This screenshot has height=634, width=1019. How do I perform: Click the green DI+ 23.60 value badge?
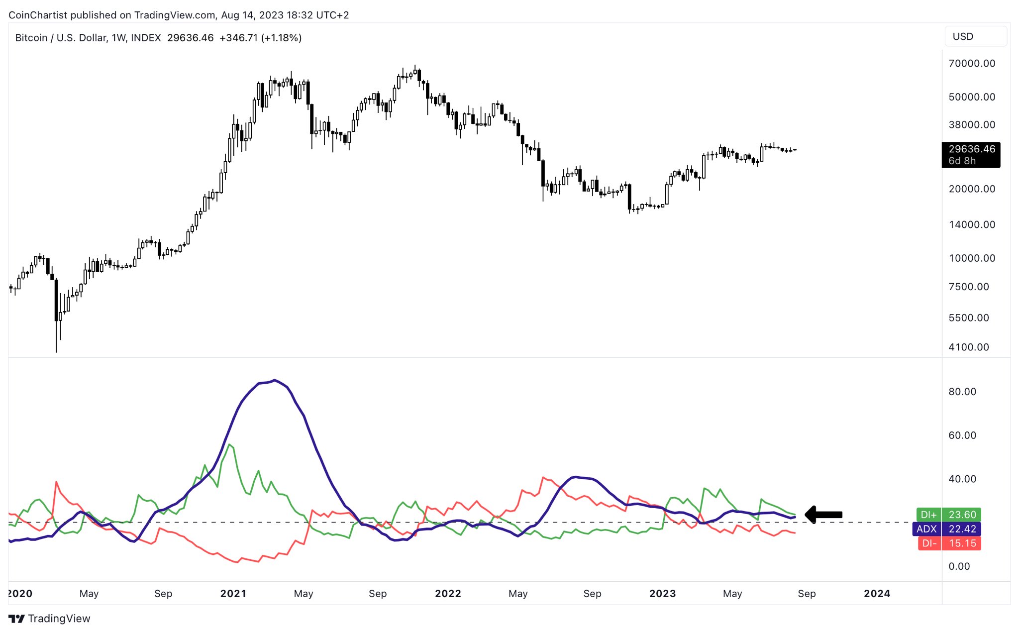[948, 515]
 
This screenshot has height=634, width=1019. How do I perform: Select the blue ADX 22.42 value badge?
[946, 529]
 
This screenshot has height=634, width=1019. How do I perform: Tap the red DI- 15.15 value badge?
[949, 543]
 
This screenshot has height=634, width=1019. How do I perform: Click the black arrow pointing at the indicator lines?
[823, 515]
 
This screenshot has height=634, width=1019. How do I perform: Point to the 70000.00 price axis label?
[972, 64]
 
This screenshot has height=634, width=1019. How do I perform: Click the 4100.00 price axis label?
[969, 347]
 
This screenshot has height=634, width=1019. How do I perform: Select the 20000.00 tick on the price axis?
[972, 189]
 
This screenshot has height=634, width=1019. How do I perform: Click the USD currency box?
[975, 37]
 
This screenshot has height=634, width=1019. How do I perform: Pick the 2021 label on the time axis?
[233, 594]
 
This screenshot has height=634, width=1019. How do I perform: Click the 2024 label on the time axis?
[877, 594]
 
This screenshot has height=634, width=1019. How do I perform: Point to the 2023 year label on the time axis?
[662, 594]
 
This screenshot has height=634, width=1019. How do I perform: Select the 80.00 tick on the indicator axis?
[962, 392]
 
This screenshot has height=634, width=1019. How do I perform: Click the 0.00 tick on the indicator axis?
[959, 566]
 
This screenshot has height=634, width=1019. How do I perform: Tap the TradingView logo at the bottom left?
[50, 619]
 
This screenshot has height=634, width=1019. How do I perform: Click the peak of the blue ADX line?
[275, 381]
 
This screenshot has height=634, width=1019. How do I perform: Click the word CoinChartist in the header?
[38, 15]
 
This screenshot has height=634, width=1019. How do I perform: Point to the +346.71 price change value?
[238, 38]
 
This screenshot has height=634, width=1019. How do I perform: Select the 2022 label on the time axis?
[448, 594]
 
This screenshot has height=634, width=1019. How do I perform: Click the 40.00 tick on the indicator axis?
[962, 479]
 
